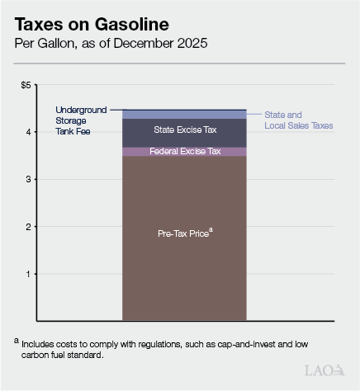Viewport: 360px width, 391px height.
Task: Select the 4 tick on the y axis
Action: click(x=28, y=132)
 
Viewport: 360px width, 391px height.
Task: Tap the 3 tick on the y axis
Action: click(x=28, y=179)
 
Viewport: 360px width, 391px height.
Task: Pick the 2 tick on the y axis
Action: click(x=28, y=226)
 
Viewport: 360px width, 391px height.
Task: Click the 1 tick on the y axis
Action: click(x=28, y=273)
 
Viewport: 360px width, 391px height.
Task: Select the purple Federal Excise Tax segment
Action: click(x=184, y=152)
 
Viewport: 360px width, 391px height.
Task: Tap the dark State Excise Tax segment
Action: click(x=184, y=134)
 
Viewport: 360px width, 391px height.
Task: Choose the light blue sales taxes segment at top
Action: click(x=184, y=114)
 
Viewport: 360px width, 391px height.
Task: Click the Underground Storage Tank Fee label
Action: click(x=81, y=120)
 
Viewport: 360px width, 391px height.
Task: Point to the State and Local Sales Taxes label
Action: click(x=299, y=120)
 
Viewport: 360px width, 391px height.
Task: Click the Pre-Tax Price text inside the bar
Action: click(x=184, y=234)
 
